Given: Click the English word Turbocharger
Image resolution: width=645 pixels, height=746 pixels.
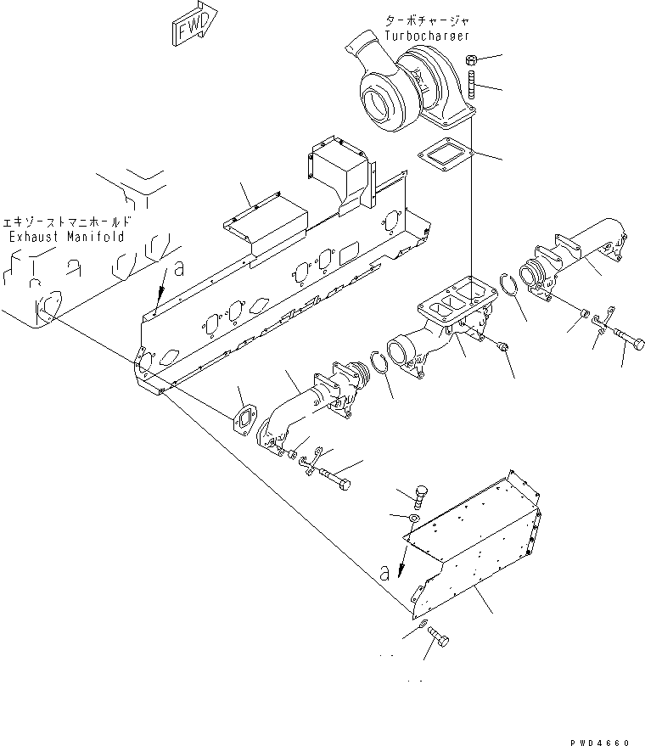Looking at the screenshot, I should click(x=426, y=36).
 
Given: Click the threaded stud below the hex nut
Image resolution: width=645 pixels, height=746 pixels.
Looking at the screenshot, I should click(x=473, y=86).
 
